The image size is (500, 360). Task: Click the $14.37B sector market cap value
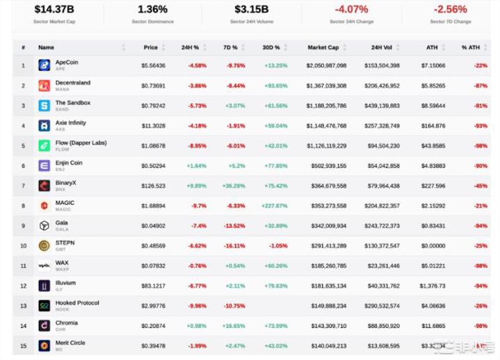pyautogui.click(x=55, y=10)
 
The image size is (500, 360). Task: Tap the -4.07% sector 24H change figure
pyautogui.click(x=351, y=10)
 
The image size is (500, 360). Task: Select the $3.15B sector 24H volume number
pyautogui.click(x=251, y=10)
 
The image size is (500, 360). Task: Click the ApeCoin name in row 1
pyautogui.click(x=67, y=63)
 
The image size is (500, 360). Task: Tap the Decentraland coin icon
pyautogui.click(x=44, y=85)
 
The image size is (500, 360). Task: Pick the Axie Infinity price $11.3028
pyautogui.click(x=154, y=126)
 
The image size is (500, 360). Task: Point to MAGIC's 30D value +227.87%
pyautogui.click(x=274, y=206)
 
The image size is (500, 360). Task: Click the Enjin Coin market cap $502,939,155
pyautogui.click(x=326, y=166)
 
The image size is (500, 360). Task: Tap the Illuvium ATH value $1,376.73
pyautogui.click(x=432, y=286)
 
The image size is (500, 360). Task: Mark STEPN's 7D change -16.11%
pyautogui.click(x=234, y=246)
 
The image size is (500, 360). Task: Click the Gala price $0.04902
pyautogui.click(x=154, y=226)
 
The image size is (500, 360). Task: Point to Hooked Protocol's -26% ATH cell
pyautogui.click(x=480, y=306)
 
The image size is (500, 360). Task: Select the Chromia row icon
pyautogui.click(x=44, y=325)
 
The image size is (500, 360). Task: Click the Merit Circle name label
pyautogui.click(x=70, y=343)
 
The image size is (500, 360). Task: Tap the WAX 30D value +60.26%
pyautogui.click(x=275, y=265)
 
